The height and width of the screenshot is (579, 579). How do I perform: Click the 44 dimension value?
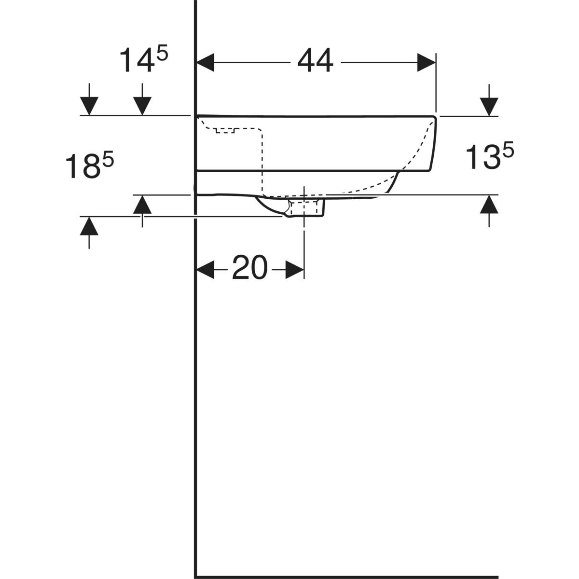pos(315,62)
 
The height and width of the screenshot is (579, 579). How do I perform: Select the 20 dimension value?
pos(249,268)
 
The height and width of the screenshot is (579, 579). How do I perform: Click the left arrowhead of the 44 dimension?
pos(205,62)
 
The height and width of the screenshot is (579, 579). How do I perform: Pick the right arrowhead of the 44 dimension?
pos(427,62)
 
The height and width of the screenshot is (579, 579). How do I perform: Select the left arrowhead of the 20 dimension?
pos(205,269)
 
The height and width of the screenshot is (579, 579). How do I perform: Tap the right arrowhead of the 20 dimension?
pos(295,269)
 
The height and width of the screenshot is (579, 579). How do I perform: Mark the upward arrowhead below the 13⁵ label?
pos(489,205)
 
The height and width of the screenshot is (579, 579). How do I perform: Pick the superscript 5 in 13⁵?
pos(508,152)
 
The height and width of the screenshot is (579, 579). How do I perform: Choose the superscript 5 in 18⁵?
pos(108,159)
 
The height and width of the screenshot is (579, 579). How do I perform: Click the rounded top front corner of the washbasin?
pos(434,118)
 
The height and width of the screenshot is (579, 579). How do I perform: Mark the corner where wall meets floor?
pos(195,577)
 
